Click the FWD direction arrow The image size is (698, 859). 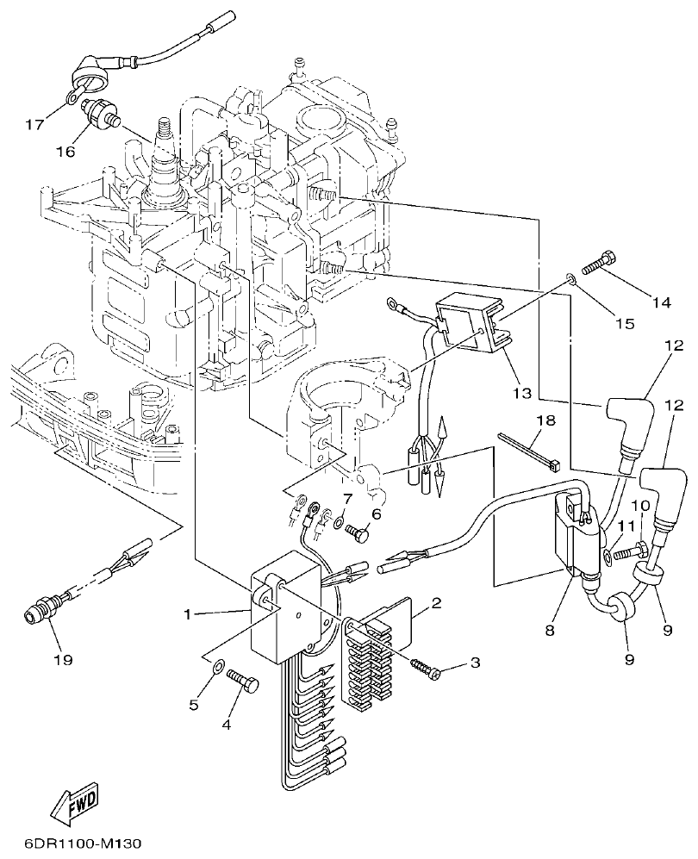click(73, 801)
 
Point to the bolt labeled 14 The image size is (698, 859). click(600, 262)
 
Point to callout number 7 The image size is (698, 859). click(347, 500)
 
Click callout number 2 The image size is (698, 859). click(436, 602)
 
